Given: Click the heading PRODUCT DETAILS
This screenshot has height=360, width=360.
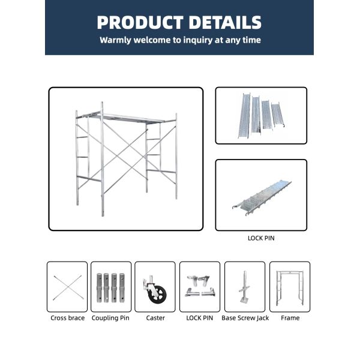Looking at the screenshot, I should (179, 22).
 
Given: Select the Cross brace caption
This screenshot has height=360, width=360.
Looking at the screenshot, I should (67, 318).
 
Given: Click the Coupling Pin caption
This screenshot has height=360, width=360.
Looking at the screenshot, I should (110, 318).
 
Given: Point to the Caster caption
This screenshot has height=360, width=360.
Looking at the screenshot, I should (155, 318).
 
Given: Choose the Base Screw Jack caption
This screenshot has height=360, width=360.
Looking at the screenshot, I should (245, 318).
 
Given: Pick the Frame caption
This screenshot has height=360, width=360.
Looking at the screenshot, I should (290, 318).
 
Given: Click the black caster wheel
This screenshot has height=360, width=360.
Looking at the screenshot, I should (158, 295).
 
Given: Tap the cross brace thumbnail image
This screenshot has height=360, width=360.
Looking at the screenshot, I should (67, 287).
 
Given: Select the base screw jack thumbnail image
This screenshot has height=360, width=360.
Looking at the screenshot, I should (244, 287).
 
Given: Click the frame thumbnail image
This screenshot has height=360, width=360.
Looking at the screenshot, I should (290, 287).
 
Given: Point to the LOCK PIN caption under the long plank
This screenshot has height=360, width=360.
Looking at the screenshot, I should (261, 238).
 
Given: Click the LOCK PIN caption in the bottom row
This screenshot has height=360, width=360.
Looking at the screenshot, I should (200, 318).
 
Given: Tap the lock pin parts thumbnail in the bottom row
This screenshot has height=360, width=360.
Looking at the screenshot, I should (200, 286).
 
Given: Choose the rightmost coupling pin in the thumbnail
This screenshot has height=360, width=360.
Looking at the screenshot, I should (122, 287).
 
